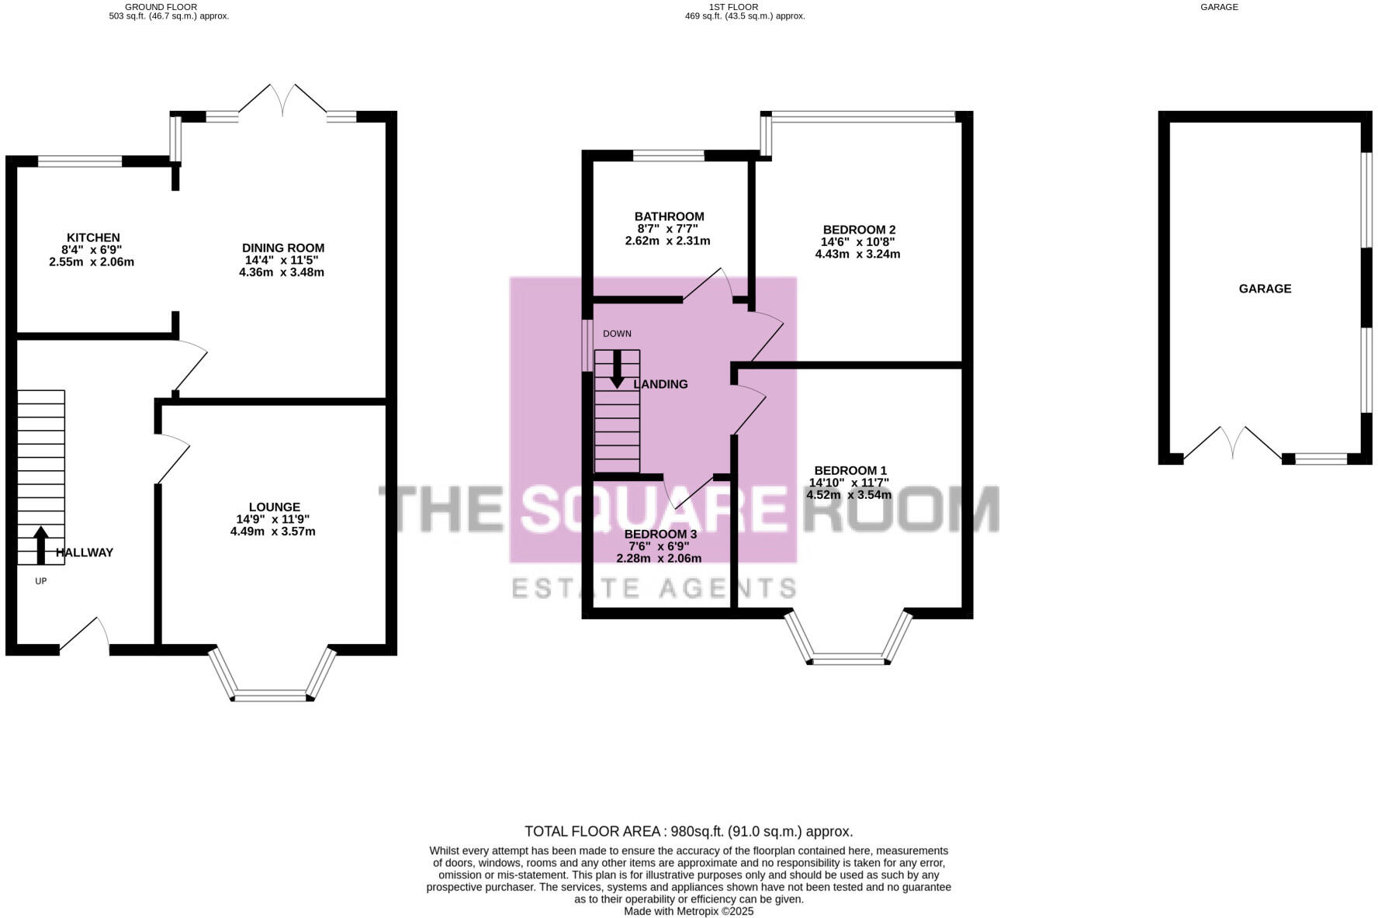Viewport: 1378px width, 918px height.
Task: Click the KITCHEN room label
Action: pos(93,237)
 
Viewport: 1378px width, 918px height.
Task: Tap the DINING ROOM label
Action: pos(283,248)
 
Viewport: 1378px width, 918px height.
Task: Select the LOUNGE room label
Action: pos(275,507)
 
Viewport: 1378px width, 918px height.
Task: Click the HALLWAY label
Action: pos(85,553)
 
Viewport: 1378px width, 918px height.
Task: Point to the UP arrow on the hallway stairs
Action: pos(40,544)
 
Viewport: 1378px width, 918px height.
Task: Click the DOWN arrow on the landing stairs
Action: pos(617,369)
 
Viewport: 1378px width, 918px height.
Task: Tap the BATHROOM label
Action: pos(669,217)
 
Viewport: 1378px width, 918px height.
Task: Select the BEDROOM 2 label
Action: pos(859,230)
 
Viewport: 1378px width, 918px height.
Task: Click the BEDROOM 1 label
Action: pos(850,470)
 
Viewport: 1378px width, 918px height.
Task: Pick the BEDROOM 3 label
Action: pos(660,535)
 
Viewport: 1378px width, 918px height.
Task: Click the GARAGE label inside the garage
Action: pos(1265,289)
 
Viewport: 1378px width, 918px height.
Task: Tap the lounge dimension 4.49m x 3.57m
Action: pos(273,532)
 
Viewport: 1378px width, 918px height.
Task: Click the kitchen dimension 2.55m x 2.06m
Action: pos(92,262)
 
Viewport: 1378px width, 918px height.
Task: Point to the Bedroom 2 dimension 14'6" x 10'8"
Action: pos(858,242)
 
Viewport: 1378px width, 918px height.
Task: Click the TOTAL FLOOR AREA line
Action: pos(688,831)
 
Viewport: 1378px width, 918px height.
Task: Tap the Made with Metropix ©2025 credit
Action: pos(688,912)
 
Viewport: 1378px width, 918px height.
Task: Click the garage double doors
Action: pos(1232,444)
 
